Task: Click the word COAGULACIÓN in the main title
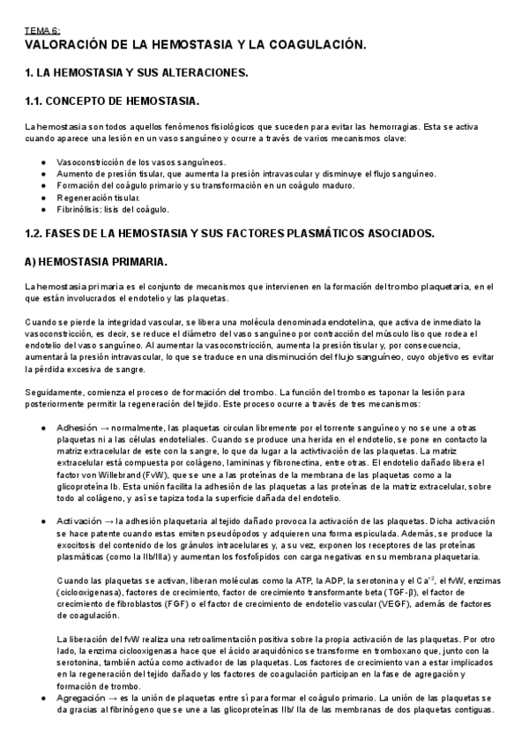pyautogui.click(x=312, y=44)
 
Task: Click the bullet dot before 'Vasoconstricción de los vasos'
pyautogui.click(x=44, y=162)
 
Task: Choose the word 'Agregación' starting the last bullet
pyautogui.click(x=81, y=697)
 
